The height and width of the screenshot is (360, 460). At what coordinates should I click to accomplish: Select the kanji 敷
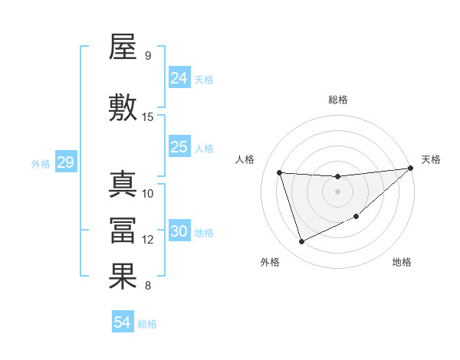[123, 108]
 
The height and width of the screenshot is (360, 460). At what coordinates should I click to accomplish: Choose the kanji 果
[123, 277]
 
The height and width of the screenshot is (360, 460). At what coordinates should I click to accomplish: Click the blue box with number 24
[179, 77]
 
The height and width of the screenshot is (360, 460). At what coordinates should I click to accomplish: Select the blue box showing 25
[179, 147]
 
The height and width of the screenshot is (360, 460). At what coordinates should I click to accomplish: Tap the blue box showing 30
[179, 231]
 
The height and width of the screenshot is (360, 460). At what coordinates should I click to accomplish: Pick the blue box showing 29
[65, 162]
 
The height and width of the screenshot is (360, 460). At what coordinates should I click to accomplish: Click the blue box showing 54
[123, 322]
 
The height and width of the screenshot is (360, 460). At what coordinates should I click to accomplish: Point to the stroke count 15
[148, 116]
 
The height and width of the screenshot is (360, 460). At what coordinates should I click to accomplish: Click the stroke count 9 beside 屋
[147, 55]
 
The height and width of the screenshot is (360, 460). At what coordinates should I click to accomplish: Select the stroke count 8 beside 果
[147, 286]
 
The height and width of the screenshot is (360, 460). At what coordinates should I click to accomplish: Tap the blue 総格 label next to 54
[147, 324]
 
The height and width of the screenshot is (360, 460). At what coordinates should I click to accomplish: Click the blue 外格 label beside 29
[41, 164]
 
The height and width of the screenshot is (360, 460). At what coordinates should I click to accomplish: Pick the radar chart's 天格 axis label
[431, 159]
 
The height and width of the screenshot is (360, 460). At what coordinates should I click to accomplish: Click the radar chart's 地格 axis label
[402, 262]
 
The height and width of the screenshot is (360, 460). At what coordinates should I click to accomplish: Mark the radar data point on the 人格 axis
[280, 172]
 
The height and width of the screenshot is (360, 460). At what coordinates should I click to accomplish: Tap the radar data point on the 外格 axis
[301, 242]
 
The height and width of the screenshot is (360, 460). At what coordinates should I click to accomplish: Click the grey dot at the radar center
[337, 191]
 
